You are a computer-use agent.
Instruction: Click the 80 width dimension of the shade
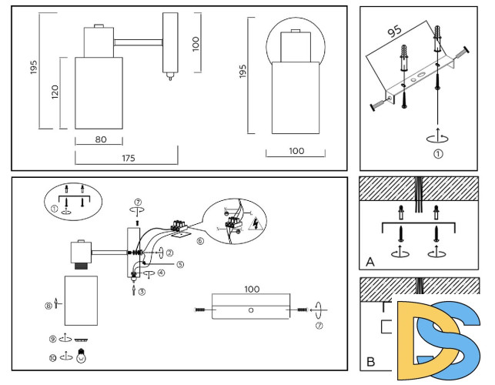pos(89,139)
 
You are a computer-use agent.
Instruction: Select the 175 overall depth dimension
pos(129,158)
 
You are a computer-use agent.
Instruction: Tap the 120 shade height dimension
pos(55,92)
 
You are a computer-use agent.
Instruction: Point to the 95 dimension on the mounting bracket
pos(395,32)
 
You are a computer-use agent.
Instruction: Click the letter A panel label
pos(370,262)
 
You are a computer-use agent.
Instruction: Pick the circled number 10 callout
pos(53,357)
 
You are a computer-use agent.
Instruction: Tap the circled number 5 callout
pos(179,264)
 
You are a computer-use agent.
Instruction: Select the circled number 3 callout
pos(142,291)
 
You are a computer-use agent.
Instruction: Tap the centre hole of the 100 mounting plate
pos(251,310)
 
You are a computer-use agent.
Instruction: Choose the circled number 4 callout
pos(162,273)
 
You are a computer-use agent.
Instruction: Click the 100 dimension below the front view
pos(296,151)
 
